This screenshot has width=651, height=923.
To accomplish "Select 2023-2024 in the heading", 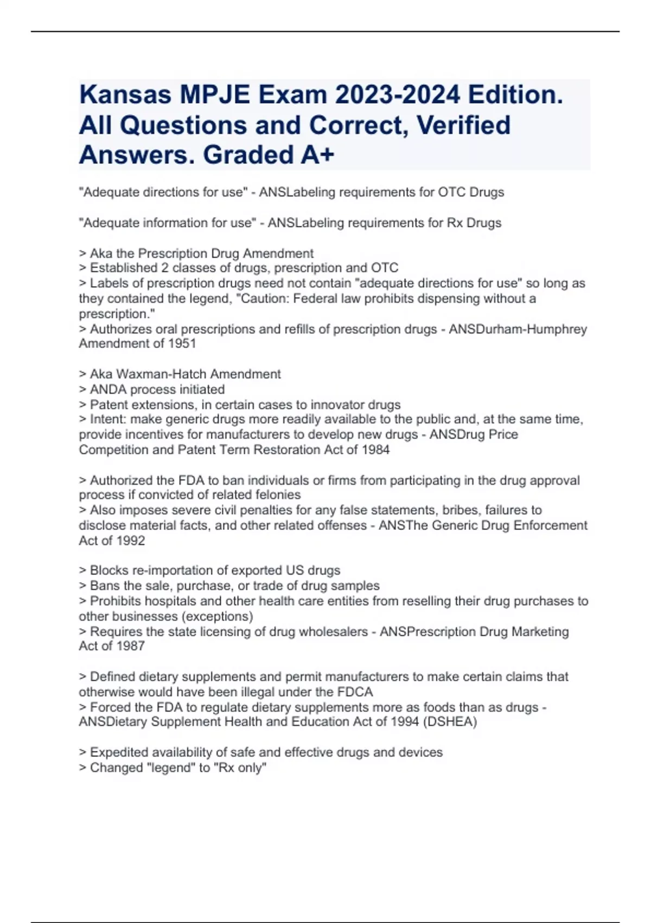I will pyautogui.click(x=398, y=94).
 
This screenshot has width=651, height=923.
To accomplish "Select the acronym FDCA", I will pyautogui.click(x=355, y=692).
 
